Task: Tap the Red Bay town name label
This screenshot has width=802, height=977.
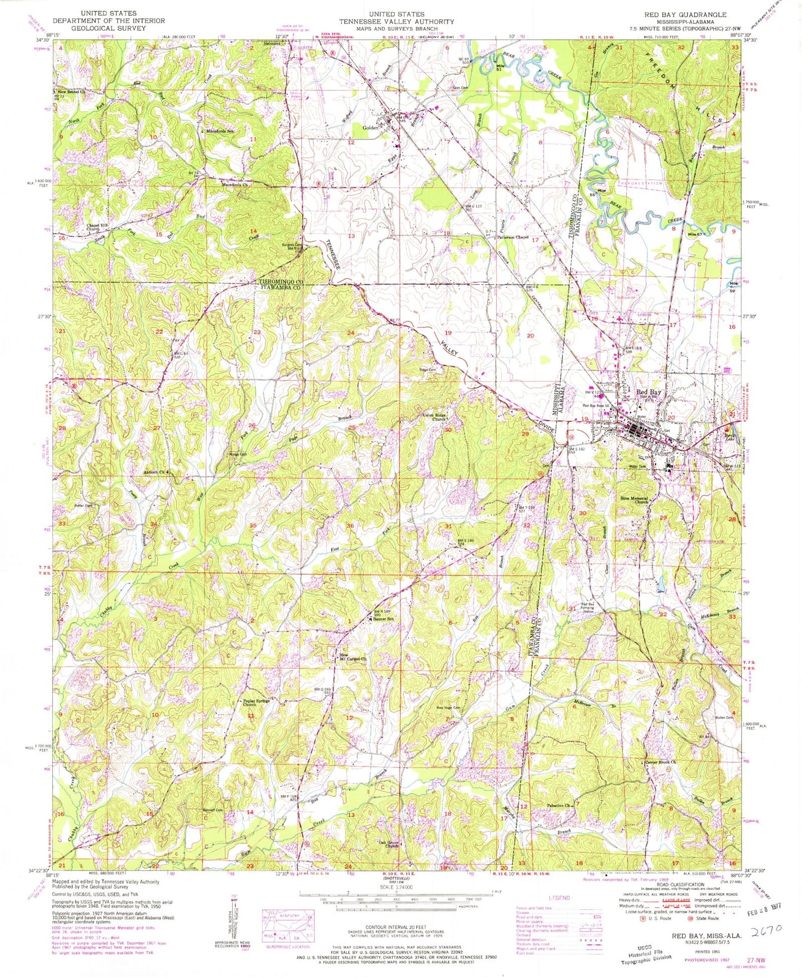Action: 648,392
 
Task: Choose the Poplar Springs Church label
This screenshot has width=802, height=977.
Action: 256,703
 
